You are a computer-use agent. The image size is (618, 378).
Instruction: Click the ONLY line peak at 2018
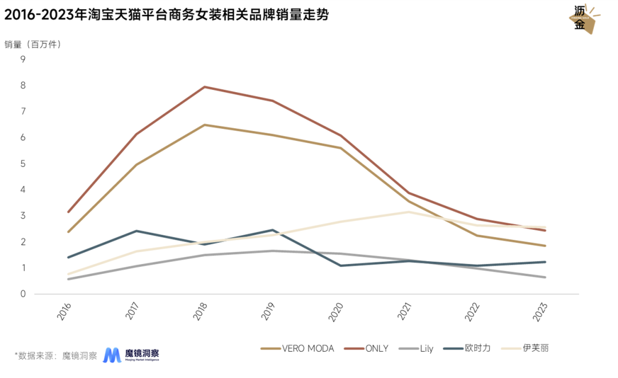[205, 87]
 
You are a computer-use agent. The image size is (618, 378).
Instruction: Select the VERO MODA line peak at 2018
[205, 125]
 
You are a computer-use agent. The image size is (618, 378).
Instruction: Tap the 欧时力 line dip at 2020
[341, 265]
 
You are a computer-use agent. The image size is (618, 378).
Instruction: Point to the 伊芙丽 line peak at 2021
[409, 212]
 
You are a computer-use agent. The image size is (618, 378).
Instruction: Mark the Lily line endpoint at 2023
[545, 277]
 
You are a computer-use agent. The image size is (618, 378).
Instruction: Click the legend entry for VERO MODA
[298, 348]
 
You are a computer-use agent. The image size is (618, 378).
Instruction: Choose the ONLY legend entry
[366, 348]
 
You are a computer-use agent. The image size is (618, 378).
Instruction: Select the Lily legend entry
[417, 348]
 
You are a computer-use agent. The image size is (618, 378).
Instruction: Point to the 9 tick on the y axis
[23, 59]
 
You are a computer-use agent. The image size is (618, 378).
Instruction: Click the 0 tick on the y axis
[23, 294]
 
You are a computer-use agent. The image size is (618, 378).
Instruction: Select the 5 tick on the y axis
[23, 164]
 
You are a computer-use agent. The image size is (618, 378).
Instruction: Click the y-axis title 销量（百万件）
[33, 44]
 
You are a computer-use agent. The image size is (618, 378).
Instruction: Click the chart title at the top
[167, 15]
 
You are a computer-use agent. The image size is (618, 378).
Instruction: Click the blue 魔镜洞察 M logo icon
[112, 355]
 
